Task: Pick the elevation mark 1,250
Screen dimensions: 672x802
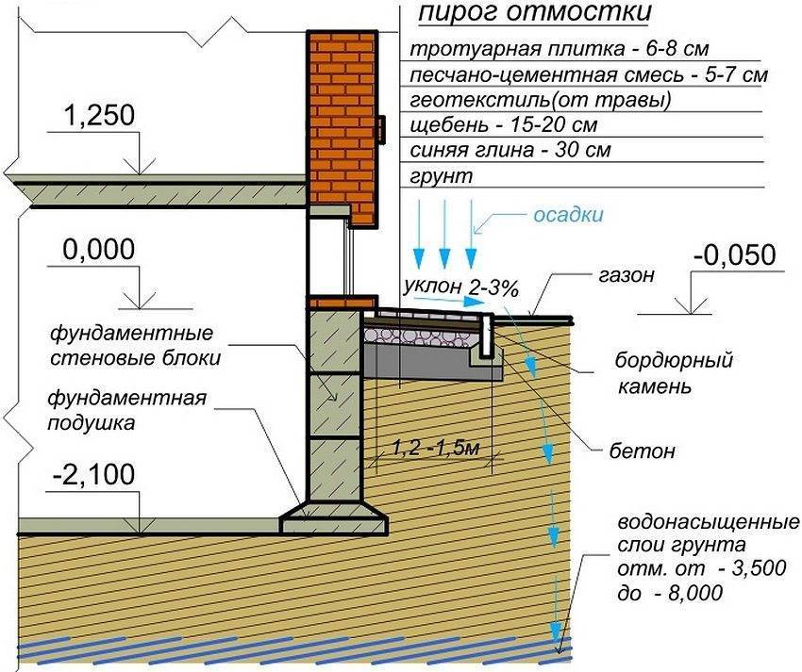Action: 99,116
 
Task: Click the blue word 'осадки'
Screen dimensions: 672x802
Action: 568,215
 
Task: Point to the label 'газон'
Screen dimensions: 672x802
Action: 624,276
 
